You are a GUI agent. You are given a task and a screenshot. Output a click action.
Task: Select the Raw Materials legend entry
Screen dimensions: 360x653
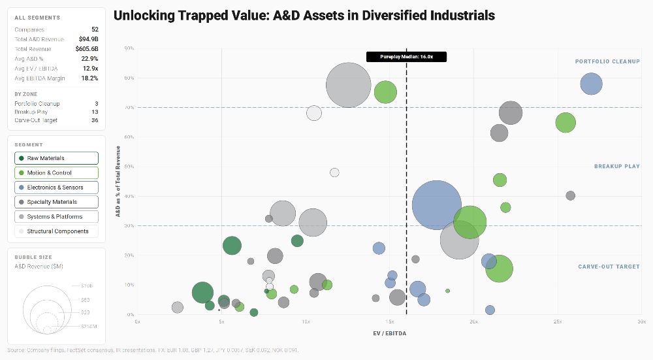pyautogui.click(x=56, y=158)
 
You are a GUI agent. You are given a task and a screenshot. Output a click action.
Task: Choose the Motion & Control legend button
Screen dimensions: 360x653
pyautogui.click(x=56, y=173)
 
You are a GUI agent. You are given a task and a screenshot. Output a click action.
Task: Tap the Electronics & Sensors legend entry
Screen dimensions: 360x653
pyautogui.click(x=56, y=188)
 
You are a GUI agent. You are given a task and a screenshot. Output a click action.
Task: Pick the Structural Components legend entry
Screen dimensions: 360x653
pyautogui.click(x=56, y=231)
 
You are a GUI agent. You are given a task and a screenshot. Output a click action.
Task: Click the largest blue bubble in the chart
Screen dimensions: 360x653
pyautogui.click(x=437, y=205)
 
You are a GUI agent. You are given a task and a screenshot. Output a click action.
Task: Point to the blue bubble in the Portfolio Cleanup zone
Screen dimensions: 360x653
pyautogui.click(x=591, y=84)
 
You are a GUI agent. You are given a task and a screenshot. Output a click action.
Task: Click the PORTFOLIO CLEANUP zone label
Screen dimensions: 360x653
pyautogui.click(x=607, y=61)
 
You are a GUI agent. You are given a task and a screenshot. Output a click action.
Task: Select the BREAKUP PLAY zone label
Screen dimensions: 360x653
pyautogui.click(x=616, y=167)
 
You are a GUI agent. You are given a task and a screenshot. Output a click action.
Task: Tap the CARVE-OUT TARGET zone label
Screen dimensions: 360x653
pyautogui.click(x=609, y=267)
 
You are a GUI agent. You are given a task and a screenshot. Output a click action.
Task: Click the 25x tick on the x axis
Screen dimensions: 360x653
pyautogui.click(x=558, y=322)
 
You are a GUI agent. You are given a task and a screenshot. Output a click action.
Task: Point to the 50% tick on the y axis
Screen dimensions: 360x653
pyautogui.click(x=129, y=167)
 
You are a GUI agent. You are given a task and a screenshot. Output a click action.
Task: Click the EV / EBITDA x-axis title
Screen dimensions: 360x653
pyautogui.click(x=389, y=333)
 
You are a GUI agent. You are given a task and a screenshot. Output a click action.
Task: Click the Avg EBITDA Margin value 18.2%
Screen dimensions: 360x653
pyautogui.click(x=89, y=78)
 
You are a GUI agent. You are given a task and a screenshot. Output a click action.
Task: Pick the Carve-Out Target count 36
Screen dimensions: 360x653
pyautogui.click(x=95, y=120)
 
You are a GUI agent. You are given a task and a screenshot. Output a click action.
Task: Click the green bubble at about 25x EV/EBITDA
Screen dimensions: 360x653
pyautogui.click(x=565, y=122)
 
